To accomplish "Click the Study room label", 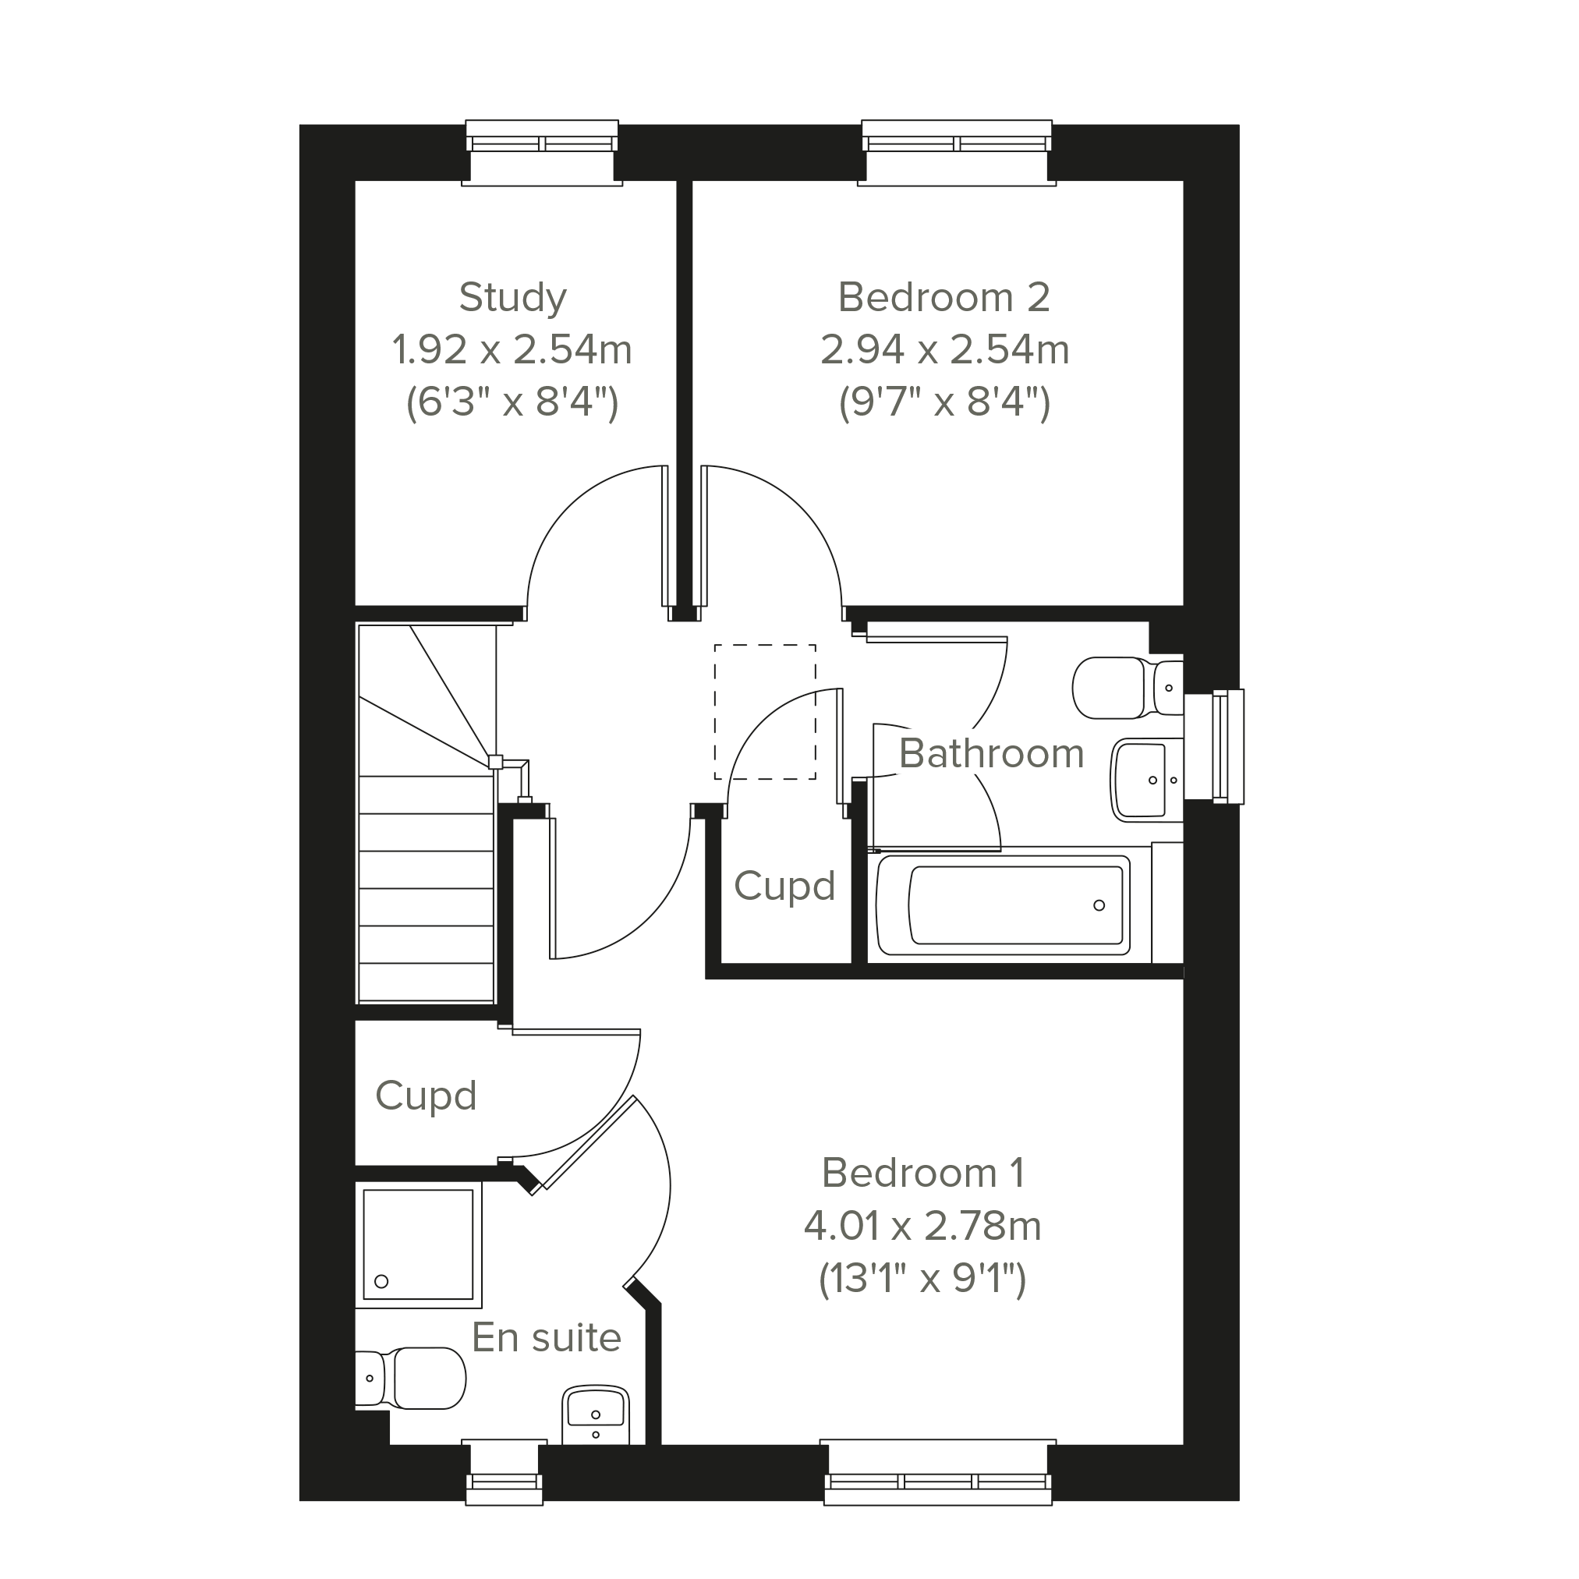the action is [512, 298].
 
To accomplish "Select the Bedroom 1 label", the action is [922, 1173].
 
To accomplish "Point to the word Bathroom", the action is [991, 753].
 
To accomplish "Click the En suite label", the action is [547, 1338].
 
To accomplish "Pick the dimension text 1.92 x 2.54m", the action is [512, 350].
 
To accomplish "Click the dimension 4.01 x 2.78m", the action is [922, 1226].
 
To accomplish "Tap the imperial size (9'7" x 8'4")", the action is [944, 402].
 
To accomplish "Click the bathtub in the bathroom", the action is [1004, 905].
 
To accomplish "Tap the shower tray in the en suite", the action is [419, 1244].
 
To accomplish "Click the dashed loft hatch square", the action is [765, 712].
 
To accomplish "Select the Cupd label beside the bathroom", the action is [784, 886].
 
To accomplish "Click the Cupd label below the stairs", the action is [426, 1096].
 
